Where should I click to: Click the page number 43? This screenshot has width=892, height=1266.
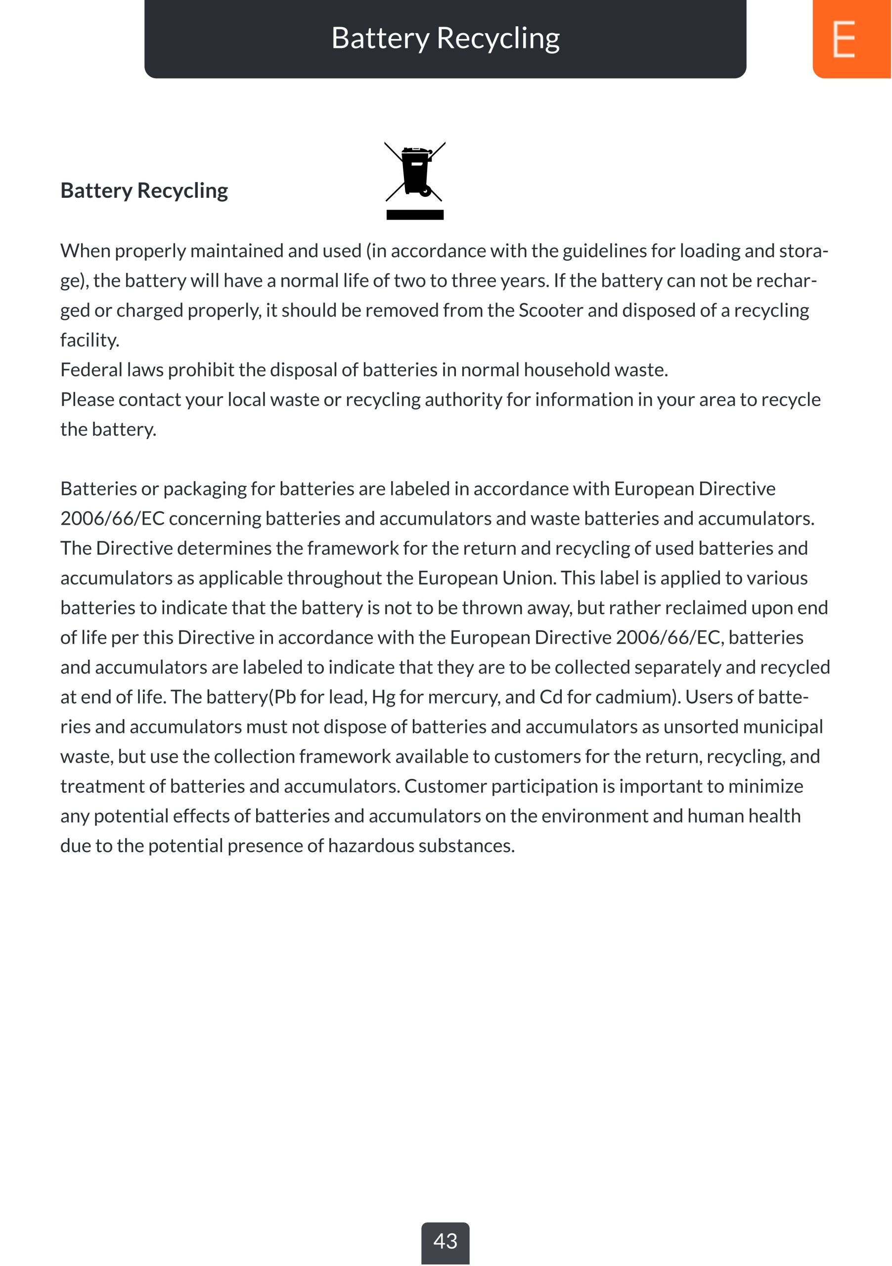pos(445,1241)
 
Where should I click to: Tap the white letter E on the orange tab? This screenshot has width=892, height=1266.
pos(844,39)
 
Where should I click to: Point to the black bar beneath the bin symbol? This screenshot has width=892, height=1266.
pos(415,215)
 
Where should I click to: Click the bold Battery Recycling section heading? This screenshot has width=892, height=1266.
pos(144,191)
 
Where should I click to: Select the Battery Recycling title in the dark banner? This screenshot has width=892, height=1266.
pos(446,39)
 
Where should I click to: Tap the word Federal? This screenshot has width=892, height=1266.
pos(91,370)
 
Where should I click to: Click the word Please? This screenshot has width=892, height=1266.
pos(87,400)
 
